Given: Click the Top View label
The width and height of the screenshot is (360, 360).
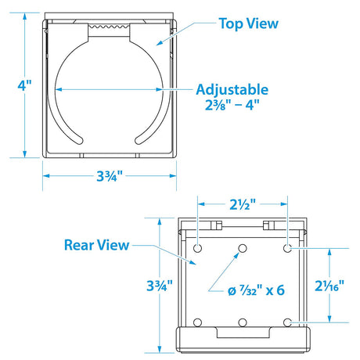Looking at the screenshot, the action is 249,23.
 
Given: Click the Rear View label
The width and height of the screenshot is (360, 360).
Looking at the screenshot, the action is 97,245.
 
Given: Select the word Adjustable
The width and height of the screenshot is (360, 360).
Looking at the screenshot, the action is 232,90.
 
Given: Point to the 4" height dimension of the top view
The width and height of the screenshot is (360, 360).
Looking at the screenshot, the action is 24,85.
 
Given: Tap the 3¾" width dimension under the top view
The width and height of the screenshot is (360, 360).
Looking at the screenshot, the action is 110,176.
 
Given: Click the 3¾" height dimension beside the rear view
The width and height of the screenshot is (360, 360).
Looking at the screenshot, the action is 160,286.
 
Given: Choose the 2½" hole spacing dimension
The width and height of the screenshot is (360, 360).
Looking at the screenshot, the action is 243,204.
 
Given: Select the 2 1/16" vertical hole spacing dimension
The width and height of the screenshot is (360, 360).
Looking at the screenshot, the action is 329,286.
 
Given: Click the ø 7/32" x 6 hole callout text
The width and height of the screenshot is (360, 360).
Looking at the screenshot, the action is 256,290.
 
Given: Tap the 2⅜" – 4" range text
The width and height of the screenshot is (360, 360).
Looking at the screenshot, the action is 232,105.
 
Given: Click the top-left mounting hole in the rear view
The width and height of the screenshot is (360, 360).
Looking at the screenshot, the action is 197,248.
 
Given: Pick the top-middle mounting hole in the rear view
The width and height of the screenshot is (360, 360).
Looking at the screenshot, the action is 243,248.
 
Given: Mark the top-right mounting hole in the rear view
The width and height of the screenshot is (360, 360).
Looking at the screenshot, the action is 287,248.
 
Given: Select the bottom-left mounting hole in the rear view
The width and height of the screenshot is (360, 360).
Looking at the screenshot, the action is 197,322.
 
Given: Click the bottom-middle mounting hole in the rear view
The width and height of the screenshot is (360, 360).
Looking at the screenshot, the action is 243,322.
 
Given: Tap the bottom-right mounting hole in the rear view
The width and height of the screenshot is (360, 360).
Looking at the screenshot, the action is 287,322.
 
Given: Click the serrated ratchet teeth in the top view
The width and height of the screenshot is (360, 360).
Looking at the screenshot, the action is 109,27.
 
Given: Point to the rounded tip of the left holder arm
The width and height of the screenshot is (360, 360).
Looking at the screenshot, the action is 78,140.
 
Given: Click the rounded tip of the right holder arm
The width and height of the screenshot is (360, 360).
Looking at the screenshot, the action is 139,140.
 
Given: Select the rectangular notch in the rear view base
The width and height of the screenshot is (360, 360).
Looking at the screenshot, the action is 243,333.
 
